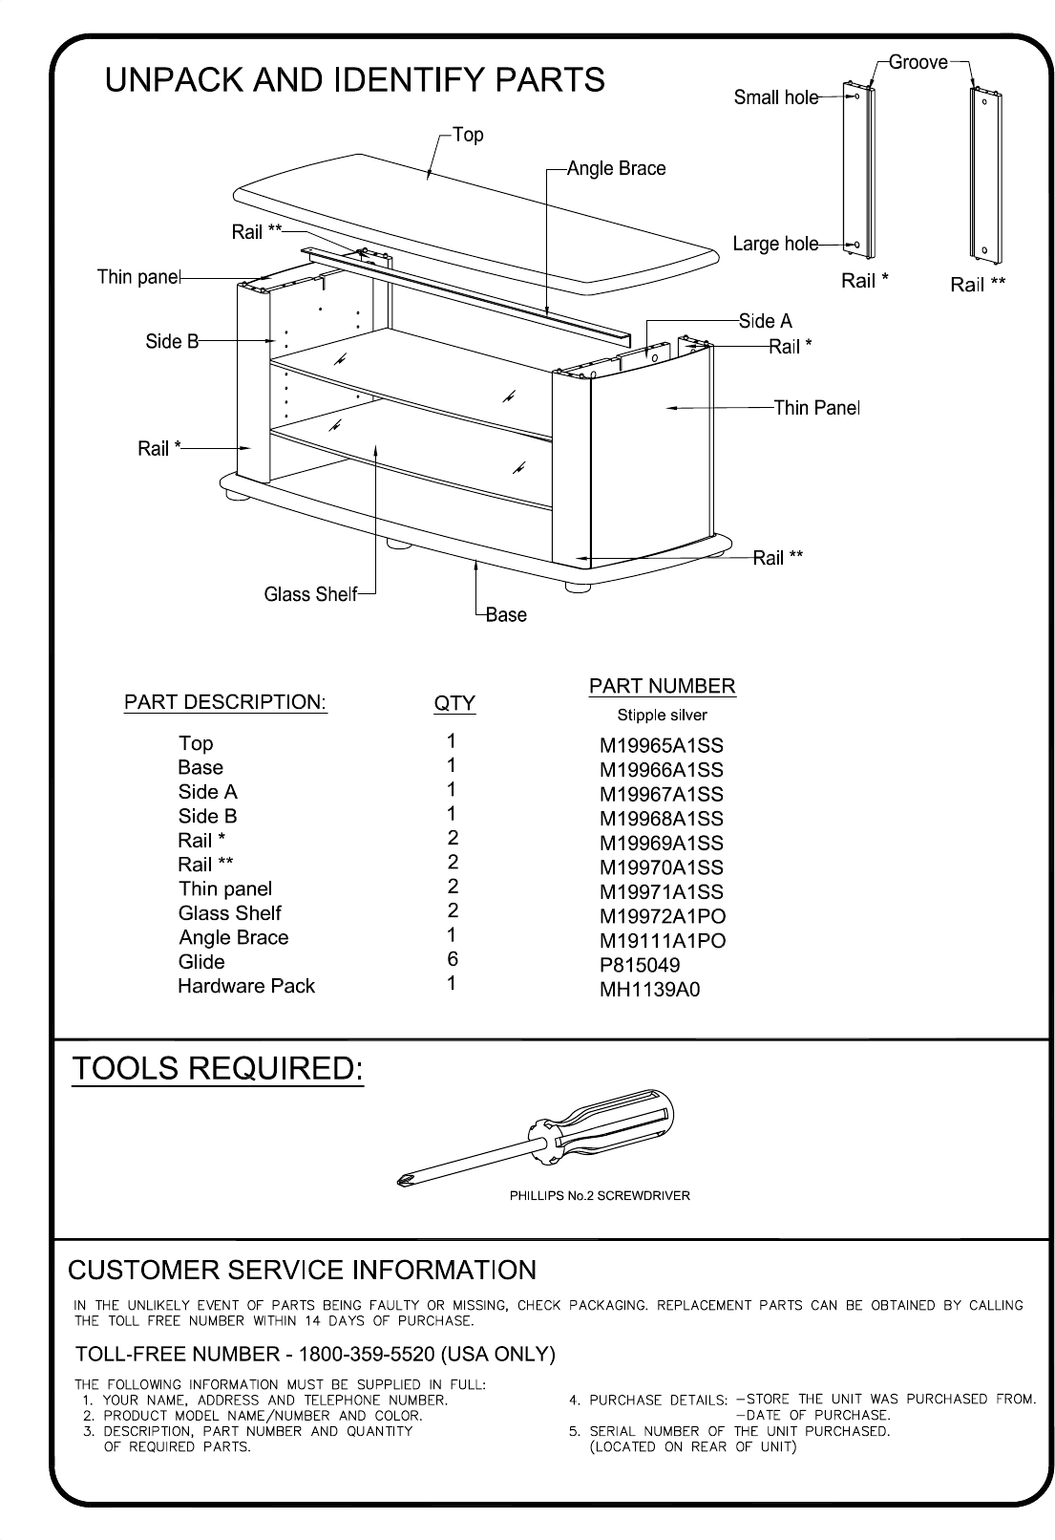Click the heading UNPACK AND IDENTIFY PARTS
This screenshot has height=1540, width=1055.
[354, 79]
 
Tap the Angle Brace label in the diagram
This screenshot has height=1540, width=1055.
[616, 169]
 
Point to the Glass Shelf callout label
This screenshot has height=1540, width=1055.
[309, 594]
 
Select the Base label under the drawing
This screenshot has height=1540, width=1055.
[506, 615]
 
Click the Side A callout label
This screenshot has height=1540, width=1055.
[766, 321]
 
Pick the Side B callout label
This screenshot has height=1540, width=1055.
[172, 341]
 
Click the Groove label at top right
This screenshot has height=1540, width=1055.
[918, 63]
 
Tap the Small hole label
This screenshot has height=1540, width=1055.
[775, 97]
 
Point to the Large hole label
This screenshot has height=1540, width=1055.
[774, 244]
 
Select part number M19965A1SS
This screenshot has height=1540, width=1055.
[662, 745]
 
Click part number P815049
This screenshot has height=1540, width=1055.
[640, 965]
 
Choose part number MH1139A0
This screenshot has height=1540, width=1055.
[649, 990]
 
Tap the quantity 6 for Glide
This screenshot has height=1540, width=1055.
[453, 959]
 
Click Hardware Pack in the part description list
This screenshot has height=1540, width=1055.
[246, 986]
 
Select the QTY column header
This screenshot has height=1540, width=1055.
[454, 704]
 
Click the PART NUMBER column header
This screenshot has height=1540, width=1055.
[662, 686]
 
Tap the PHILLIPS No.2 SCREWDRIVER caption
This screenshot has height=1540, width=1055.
[600, 1195]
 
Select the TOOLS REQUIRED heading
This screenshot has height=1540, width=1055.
[219, 1069]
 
